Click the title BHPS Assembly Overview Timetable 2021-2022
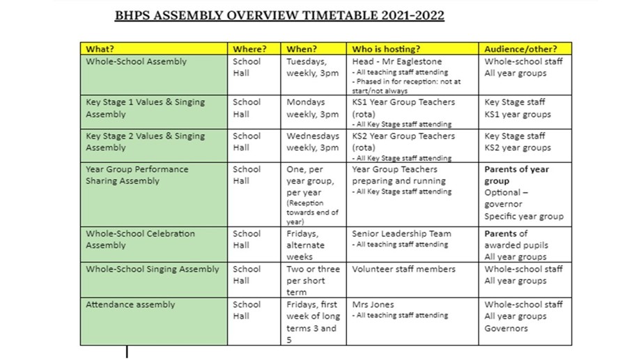coord(279,15)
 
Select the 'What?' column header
coord(100,49)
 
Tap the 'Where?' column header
coord(249,49)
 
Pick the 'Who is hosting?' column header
coord(386,49)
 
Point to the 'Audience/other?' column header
coord(520,49)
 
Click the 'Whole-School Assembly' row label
coord(137,61)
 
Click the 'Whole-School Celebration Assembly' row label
coord(140,240)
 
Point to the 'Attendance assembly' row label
coord(130,304)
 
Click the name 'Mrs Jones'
coord(373,304)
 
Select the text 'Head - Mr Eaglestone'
coord(398,61)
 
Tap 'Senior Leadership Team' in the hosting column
coord(401,234)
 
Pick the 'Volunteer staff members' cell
coord(403,269)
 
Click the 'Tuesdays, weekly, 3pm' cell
coord(312,67)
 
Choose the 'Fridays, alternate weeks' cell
coord(307,245)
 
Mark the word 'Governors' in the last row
coord(506,328)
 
